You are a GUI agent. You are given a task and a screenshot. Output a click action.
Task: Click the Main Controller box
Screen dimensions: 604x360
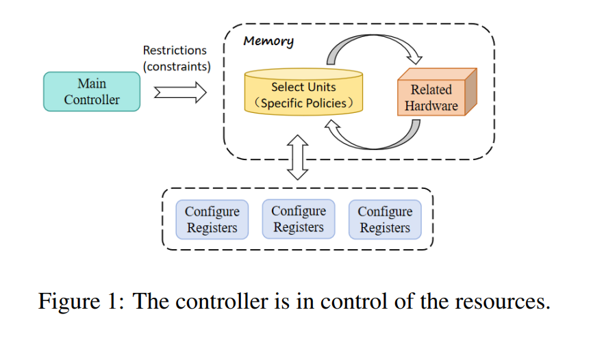[92, 92]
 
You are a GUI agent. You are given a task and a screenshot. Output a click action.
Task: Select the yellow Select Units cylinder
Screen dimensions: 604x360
[303, 92]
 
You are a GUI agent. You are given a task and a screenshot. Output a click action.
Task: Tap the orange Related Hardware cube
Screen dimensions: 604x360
[437, 92]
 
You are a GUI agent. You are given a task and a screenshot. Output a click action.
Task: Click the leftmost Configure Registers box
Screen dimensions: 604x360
[212, 220]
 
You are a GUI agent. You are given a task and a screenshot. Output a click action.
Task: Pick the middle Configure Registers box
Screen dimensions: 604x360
[299, 219]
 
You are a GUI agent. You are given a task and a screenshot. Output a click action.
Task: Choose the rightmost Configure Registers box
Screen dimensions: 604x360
[385, 220]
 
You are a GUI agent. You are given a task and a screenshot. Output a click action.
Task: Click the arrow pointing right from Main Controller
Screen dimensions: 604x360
[180, 92]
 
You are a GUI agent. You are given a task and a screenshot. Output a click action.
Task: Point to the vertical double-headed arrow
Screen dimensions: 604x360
[298, 157]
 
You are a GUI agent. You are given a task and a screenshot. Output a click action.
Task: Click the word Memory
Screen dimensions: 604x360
[268, 41]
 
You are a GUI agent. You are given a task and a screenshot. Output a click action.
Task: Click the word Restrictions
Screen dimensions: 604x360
[175, 51]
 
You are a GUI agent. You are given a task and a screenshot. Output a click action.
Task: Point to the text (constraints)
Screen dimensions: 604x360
[177, 66]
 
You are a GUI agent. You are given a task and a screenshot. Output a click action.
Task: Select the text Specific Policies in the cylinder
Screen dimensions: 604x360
[303, 103]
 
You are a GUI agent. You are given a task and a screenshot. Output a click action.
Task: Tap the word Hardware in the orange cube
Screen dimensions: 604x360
[431, 105]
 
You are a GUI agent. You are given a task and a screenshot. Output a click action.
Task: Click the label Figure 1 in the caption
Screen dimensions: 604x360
[81, 300]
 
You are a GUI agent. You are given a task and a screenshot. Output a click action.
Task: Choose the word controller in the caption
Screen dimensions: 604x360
[222, 301]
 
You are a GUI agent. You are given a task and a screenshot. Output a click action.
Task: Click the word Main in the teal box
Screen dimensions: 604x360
[92, 83]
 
